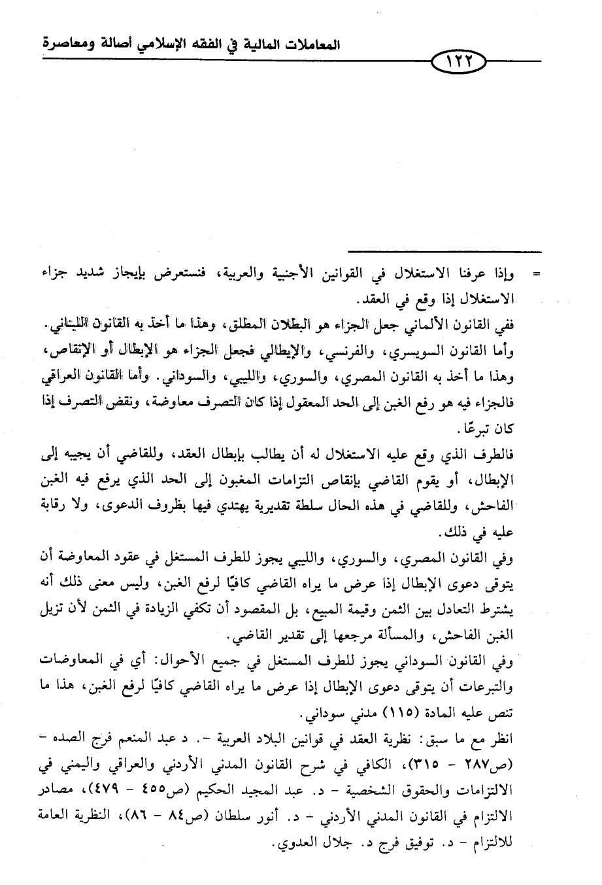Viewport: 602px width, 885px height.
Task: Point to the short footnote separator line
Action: tap(444, 252)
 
